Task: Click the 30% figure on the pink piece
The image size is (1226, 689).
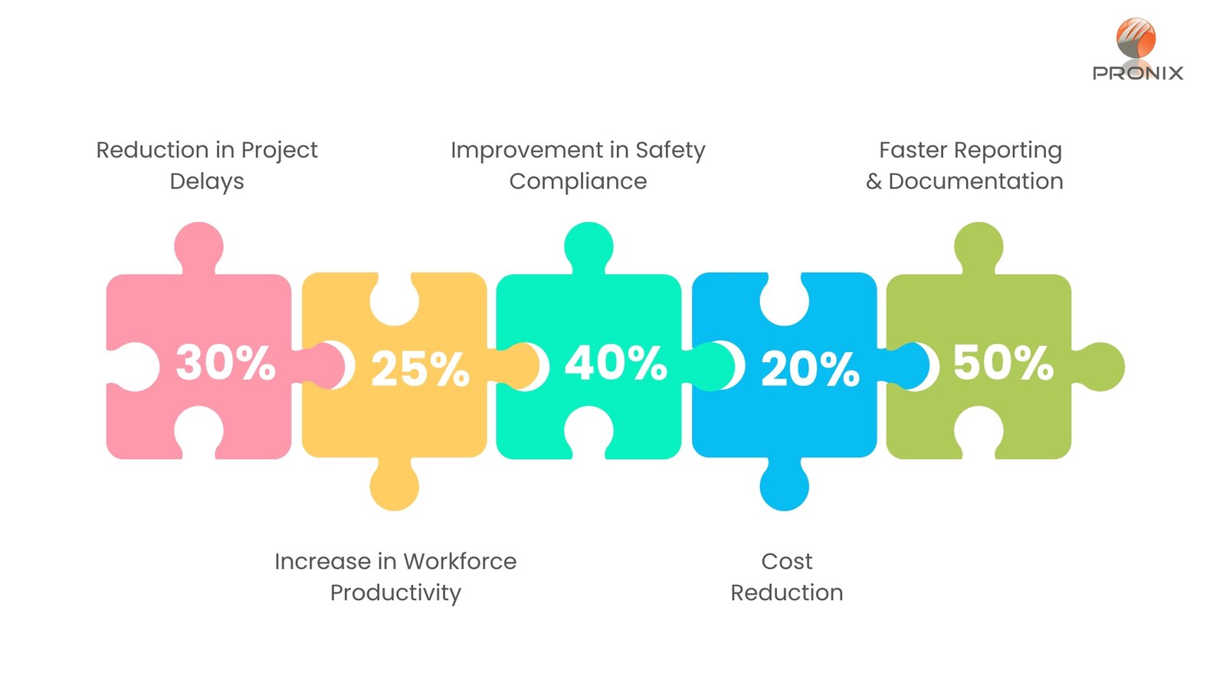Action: click(225, 362)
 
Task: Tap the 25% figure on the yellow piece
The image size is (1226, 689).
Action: click(421, 369)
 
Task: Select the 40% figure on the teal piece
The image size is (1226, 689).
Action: click(616, 362)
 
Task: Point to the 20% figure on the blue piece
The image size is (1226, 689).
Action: click(810, 369)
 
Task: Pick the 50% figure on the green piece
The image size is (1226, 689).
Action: click(1003, 362)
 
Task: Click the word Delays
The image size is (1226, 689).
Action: click(207, 181)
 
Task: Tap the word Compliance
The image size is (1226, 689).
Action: click(578, 181)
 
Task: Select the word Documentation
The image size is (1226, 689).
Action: click(976, 181)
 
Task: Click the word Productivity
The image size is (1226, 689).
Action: click(395, 593)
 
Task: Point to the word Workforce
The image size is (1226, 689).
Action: click(460, 562)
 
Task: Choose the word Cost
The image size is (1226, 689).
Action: click(786, 562)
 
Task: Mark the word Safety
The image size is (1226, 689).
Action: click(670, 150)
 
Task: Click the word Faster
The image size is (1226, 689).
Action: click(913, 150)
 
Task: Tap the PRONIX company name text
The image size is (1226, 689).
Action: click(1138, 73)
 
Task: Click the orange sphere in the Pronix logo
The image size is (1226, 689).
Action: click(1136, 38)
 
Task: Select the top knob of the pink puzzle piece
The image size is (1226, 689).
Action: click(198, 247)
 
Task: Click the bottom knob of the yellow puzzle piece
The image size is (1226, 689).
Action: click(394, 485)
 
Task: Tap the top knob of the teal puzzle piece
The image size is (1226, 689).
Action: click(589, 247)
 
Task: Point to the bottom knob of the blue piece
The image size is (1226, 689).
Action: click(784, 485)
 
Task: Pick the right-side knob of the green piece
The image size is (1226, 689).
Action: click(1099, 367)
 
